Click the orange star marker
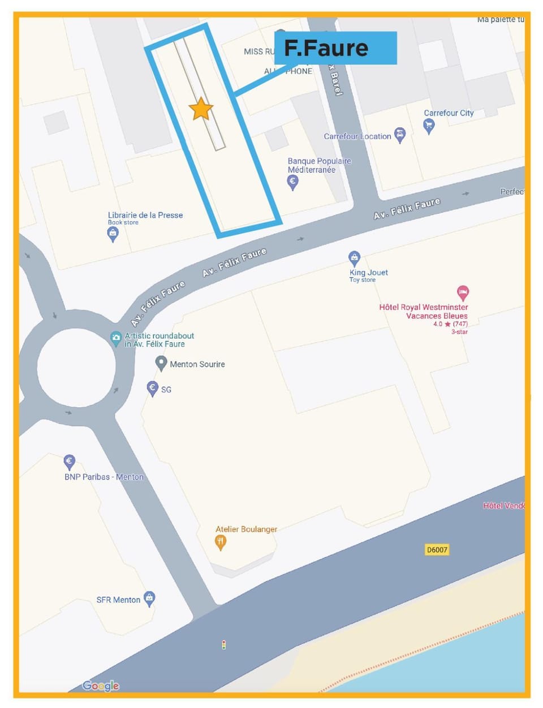coord(201,109)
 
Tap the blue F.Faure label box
coord(335,48)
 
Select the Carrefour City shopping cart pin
coord(429,126)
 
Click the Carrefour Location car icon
coord(400,136)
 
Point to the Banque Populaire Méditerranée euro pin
coord(292,182)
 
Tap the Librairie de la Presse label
coord(145,215)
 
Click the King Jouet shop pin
coord(354,258)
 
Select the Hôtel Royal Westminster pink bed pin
coord(463,293)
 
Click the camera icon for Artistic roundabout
coord(116,339)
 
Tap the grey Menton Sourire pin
coord(161,362)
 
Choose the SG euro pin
coord(152,388)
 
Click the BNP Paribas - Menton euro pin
coord(69,461)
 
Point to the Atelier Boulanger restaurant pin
coord(221,542)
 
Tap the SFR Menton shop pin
coord(149,598)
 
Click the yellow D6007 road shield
coord(437,549)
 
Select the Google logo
coord(101,686)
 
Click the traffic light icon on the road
coord(224,645)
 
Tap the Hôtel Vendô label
coord(503,506)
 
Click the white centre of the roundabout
coord(76,367)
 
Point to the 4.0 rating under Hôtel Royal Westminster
coord(437,324)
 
